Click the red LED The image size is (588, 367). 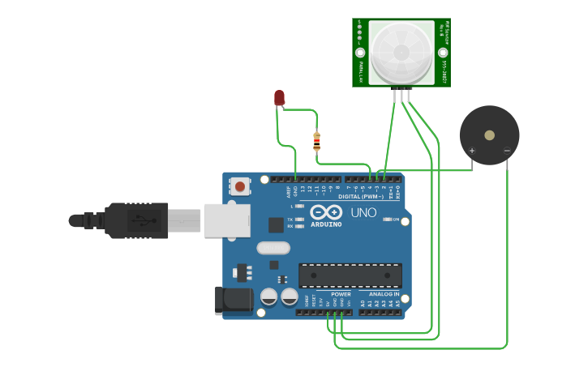(279, 98)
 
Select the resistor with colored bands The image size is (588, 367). (316, 142)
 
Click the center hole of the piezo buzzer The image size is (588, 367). (489, 135)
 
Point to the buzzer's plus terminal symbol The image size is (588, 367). (472, 150)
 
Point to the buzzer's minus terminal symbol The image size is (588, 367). (506, 150)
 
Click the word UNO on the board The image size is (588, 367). (363, 213)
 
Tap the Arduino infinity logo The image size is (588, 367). (325, 212)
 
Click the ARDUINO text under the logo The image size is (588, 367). (325, 224)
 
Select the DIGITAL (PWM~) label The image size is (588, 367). (361, 197)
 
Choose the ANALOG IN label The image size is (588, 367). (384, 294)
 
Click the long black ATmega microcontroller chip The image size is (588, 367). (350, 275)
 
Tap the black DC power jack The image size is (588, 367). (234, 301)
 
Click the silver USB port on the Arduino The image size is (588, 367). (226, 220)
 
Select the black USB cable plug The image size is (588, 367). (137, 220)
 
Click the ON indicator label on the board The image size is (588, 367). (396, 220)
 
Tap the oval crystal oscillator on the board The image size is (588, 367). (273, 248)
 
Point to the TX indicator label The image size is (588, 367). (290, 219)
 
